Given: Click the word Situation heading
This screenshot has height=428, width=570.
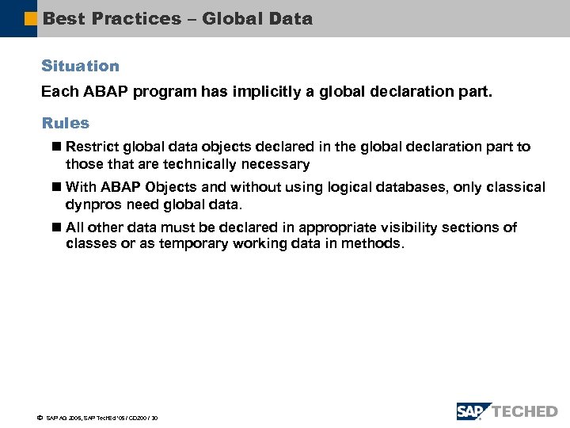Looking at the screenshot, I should tap(80, 67).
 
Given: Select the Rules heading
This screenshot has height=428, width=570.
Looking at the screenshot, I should tap(65, 124).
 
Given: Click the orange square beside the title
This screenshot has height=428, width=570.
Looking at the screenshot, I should tap(30, 18).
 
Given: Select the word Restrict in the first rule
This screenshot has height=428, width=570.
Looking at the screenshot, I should tap(93, 147).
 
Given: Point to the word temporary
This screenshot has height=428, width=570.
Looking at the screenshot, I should tap(195, 244).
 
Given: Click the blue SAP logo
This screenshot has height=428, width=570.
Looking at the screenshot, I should tap(473, 411).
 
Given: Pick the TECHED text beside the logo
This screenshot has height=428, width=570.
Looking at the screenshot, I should tap(526, 411).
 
